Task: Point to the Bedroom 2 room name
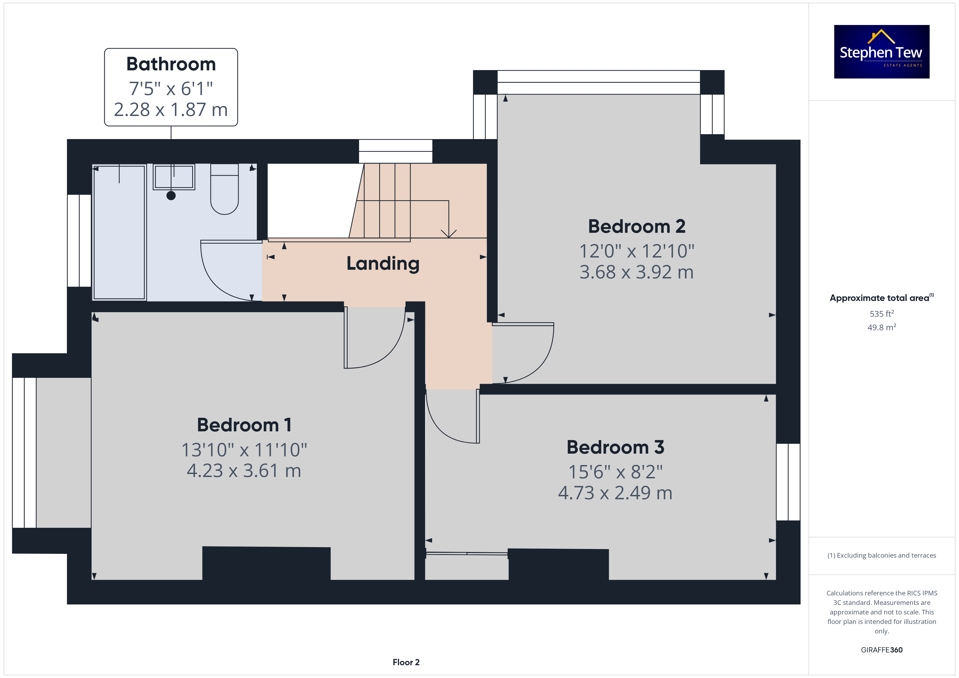637,226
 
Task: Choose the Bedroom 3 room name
615,447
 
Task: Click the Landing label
383,264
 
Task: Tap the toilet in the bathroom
224,189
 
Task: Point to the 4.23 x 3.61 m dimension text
244,470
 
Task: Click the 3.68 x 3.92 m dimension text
637,272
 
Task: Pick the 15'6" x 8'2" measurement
615,472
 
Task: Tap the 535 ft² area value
882,313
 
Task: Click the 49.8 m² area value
882,327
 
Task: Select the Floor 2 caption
406,662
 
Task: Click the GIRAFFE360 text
882,650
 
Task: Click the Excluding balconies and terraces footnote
882,555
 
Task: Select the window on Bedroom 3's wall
788,482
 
